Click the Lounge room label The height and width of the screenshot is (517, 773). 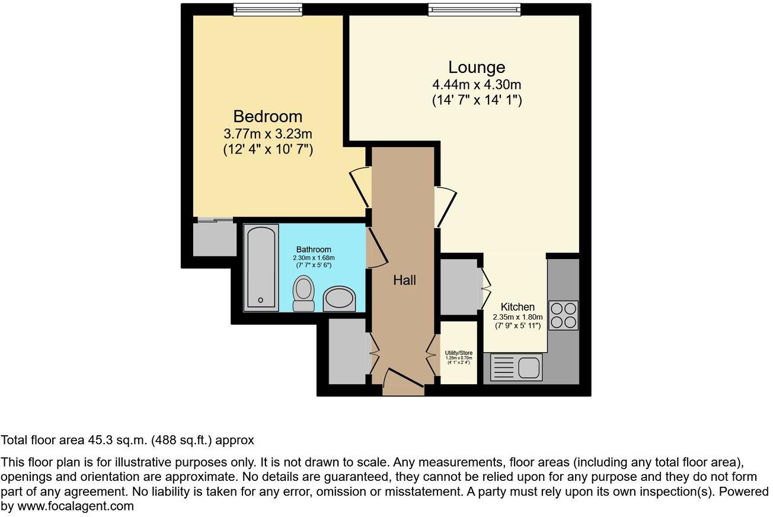coord(476,67)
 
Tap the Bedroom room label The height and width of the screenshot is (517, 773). coord(267,116)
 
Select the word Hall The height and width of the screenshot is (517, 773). coord(404,280)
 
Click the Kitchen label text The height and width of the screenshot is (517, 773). coord(518,307)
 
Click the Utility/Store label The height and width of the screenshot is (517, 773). coord(458,353)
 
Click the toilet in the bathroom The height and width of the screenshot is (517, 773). coord(304,293)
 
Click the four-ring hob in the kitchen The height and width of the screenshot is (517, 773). coord(563,315)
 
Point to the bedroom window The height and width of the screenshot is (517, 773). coord(267,9)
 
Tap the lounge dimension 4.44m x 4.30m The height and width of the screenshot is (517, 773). coord(476,85)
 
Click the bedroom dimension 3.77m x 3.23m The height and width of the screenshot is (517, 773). coord(267,134)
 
